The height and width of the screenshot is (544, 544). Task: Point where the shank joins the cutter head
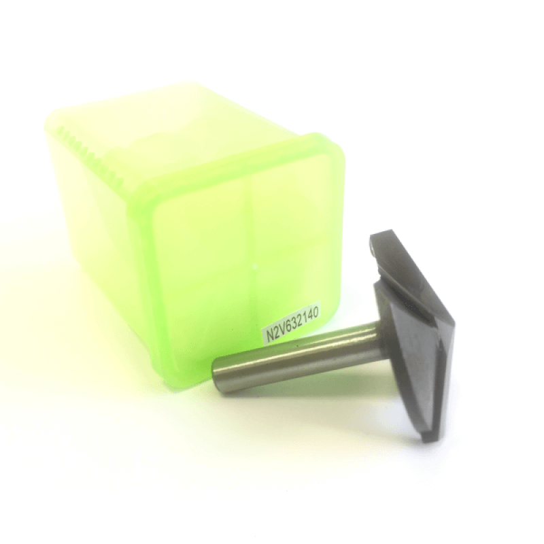point(377,334)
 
